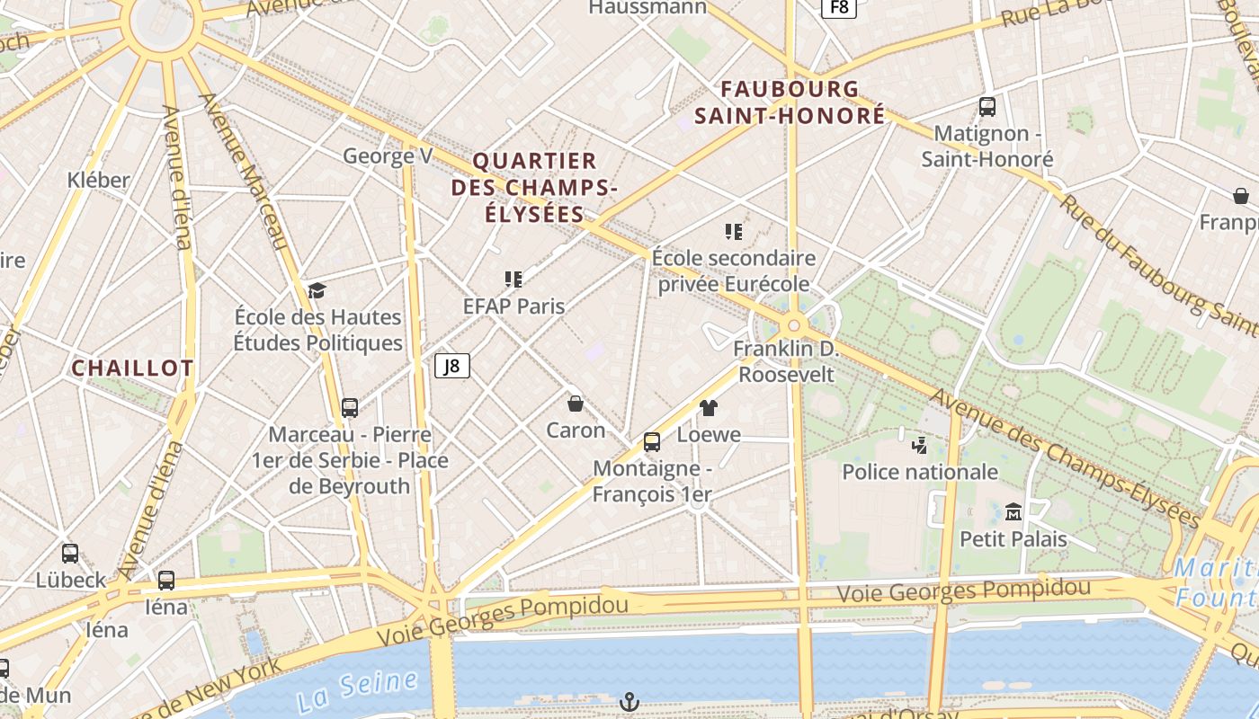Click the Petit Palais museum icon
(1013, 511)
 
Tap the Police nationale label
(919, 471)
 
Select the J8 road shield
(452, 366)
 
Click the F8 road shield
(838, 7)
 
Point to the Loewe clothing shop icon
(709, 408)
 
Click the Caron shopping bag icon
(576, 404)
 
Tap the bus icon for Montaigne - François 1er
(652, 442)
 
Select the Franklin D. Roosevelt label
(786, 361)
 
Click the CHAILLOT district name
(132, 368)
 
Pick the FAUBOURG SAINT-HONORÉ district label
(790, 102)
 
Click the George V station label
(388, 155)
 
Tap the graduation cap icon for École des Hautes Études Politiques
(317, 290)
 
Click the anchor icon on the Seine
(630, 702)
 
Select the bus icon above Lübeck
(70, 554)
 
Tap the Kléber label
(99, 180)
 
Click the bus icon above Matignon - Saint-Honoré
(987, 107)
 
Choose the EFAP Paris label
(513, 306)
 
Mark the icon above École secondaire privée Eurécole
(734, 232)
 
